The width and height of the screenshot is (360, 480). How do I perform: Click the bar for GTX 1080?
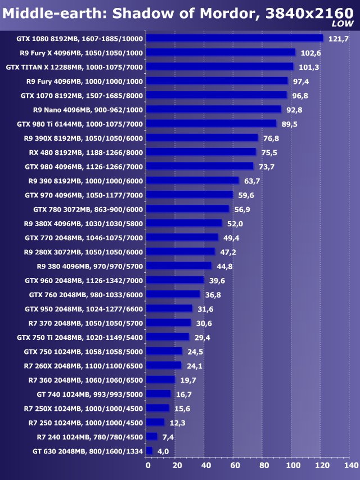pyautogui.click(x=235, y=38)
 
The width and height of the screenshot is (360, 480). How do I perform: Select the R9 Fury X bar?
pyautogui.click(x=221, y=52)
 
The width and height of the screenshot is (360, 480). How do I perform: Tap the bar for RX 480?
pyautogui.click(x=201, y=152)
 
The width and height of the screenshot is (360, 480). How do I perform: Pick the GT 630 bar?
pyautogui.click(x=150, y=451)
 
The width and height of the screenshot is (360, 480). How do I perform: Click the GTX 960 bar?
pyautogui.click(x=175, y=280)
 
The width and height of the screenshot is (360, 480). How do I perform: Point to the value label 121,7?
pyautogui.click(x=339, y=38)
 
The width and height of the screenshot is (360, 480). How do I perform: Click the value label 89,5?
pyautogui.click(x=291, y=124)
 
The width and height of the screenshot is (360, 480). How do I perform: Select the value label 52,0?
pyautogui.click(x=237, y=223)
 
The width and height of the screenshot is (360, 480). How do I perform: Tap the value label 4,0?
pyautogui.click(x=163, y=451)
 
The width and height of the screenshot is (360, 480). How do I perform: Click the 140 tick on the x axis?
pyautogui.click(x=350, y=466)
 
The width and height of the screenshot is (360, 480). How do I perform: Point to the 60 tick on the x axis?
pyautogui.click(x=235, y=466)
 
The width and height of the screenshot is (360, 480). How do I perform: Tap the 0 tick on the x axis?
pyautogui.click(x=148, y=466)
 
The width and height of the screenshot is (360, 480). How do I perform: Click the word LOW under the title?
pyautogui.click(x=343, y=24)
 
